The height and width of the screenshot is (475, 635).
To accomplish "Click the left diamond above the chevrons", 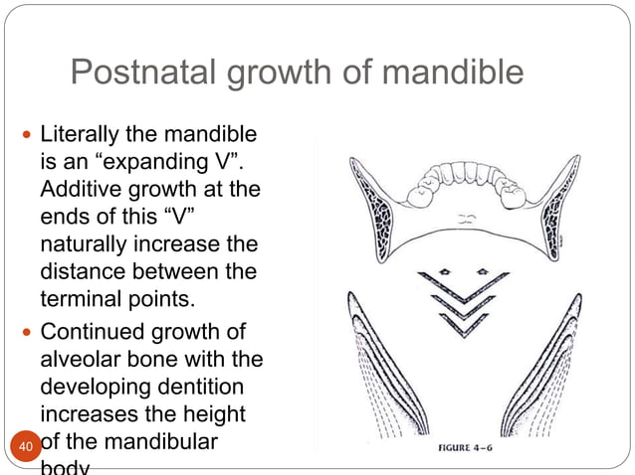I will [x=445, y=270].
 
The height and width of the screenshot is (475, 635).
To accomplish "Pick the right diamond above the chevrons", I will [x=483, y=270].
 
